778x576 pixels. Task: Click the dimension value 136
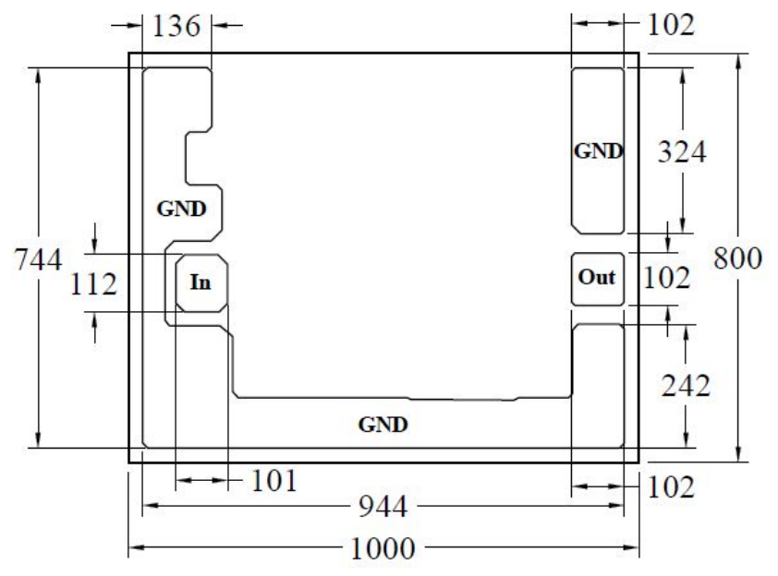(x=176, y=26)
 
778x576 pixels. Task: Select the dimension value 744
(x=38, y=259)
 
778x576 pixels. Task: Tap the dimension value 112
(x=93, y=284)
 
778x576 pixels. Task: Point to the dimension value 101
(x=274, y=480)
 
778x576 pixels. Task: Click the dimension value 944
(x=383, y=506)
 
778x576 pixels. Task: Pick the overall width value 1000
(x=383, y=548)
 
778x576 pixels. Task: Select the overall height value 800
(x=737, y=258)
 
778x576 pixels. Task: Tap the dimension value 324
(x=682, y=151)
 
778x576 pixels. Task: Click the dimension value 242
(x=686, y=386)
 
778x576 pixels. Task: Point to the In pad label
(x=201, y=282)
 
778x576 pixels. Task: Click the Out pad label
(x=597, y=277)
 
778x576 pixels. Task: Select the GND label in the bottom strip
(x=383, y=425)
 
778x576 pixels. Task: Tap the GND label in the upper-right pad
(x=598, y=150)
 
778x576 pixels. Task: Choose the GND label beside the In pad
(x=182, y=209)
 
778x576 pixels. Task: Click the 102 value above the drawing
(x=671, y=25)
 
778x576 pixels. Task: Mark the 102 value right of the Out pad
(x=666, y=278)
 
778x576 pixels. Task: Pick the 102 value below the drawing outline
(x=671, y=486)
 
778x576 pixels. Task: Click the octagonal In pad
(x=202, y=283)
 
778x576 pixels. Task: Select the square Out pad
(x=598, y=279)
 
